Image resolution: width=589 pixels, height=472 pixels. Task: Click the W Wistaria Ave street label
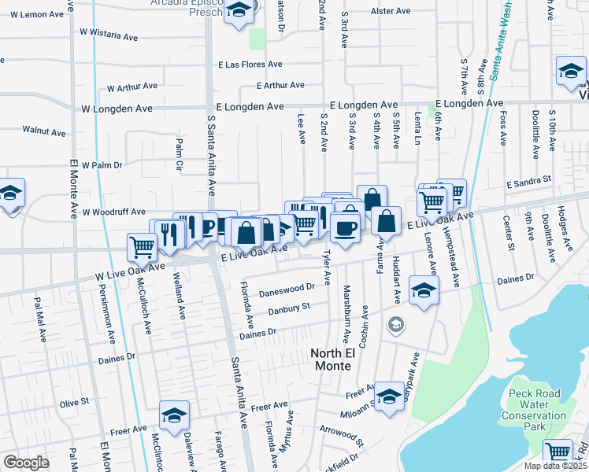pos(109,37)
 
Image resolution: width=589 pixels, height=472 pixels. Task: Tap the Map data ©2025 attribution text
pos(555,466)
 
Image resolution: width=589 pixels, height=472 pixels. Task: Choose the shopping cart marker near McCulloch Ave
pos(143,246)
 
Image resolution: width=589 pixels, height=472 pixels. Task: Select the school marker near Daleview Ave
pos(175,414)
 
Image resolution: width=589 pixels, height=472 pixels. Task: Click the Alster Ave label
pos(392,12)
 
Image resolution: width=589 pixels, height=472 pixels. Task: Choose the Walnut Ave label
pos(43,132)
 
